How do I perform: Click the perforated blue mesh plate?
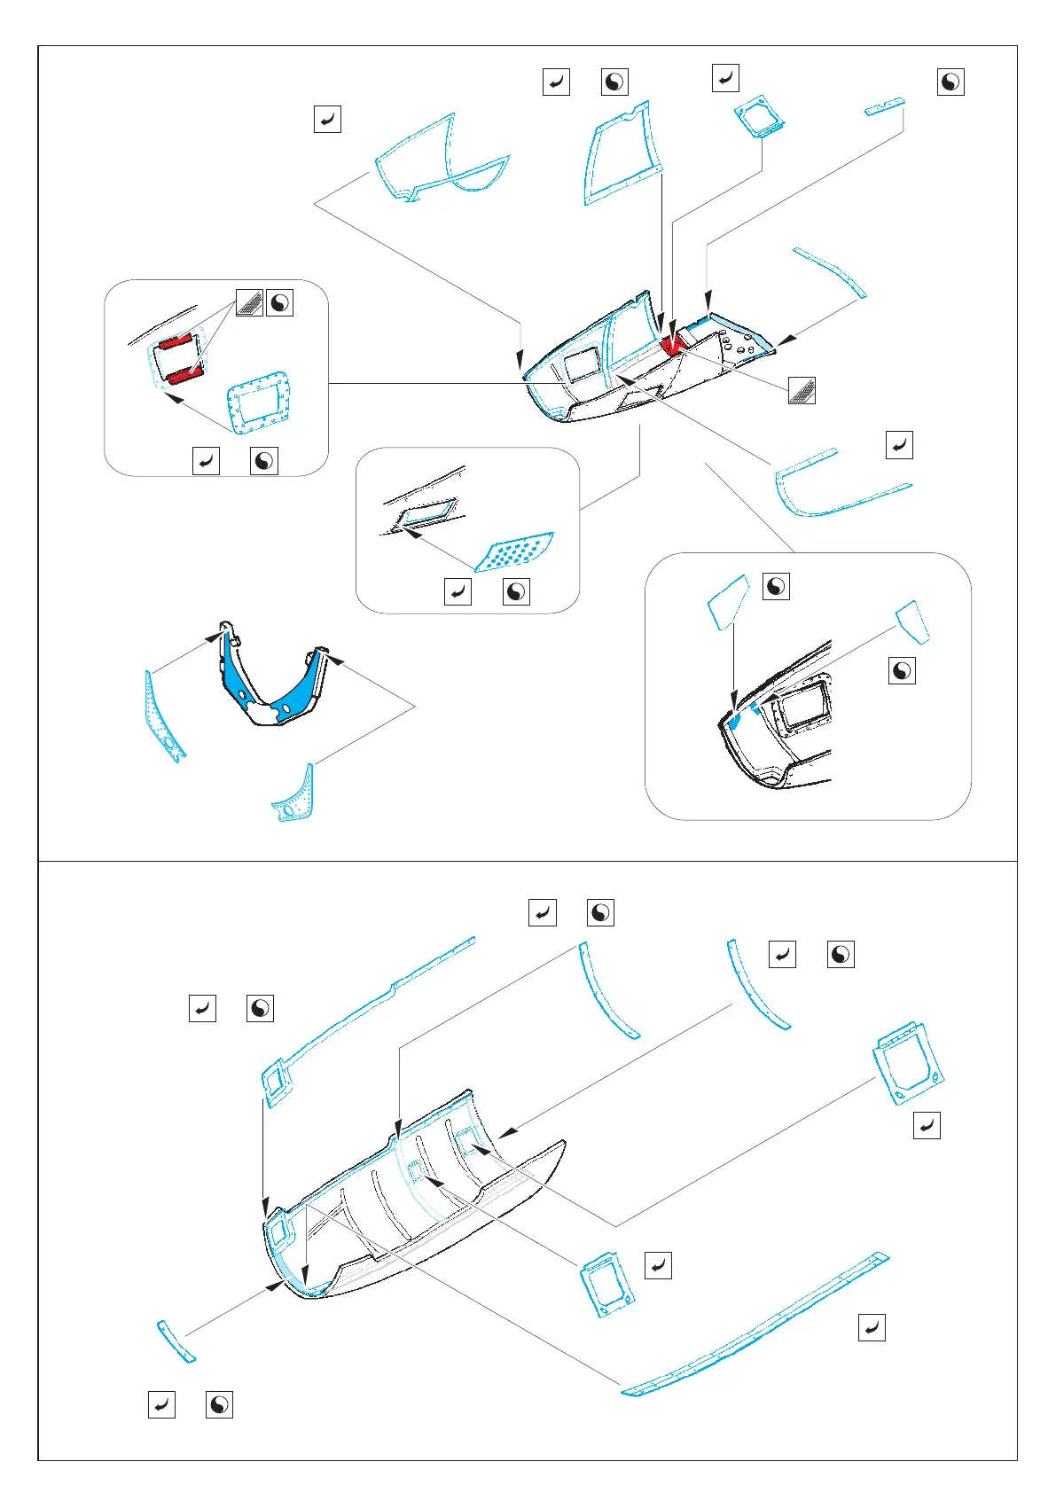coord(515,552)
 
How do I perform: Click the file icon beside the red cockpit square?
coord(802,391)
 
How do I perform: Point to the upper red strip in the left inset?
coord(176,341)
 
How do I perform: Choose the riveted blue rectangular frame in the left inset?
coord(259,403)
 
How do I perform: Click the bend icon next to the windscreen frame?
coord(327,119)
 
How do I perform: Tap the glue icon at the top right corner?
coord(950,82)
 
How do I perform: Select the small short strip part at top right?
coord(885,107)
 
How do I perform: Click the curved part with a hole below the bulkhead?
coord(294,795)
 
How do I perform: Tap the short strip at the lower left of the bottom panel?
coord(176,1341)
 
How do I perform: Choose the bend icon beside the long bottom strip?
coord(872,1327)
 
